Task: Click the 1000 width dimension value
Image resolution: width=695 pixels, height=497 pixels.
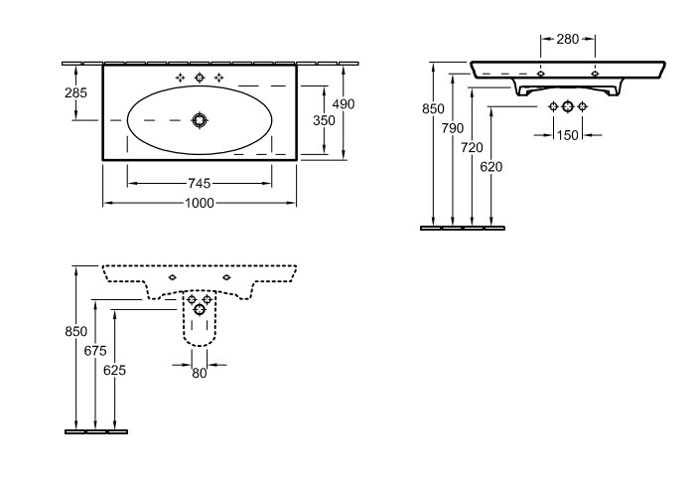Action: point(200,203)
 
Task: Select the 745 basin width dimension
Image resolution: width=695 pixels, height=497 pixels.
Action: point(200,183)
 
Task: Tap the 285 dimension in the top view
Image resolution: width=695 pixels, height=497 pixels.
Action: point(75,92)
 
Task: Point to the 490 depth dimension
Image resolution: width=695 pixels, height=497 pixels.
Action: point(344,103)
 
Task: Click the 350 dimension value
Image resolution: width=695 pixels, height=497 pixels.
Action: point(324,120)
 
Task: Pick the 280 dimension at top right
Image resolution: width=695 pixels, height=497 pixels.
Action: point(568,39)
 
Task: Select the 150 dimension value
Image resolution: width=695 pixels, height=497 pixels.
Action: point(568,135)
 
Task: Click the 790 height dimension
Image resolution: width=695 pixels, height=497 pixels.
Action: point(453,128)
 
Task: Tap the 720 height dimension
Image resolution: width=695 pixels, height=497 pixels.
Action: point(472,147)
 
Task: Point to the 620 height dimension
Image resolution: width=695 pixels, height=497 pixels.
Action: point(491,167)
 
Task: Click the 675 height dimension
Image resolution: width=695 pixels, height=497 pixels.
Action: point(95,351)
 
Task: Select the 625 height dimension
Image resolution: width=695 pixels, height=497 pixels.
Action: point(114,370)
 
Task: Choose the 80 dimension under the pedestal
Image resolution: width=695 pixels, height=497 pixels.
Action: point(200,374)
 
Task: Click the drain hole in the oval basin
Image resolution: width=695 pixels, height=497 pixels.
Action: point(200,120)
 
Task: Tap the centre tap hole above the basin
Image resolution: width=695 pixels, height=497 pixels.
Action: point(200,79)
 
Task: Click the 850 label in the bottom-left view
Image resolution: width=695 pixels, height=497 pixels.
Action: point(75,331)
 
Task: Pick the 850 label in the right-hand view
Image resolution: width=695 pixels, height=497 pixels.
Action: point(433,108)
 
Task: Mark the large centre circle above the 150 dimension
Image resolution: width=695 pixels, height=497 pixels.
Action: point(568,106)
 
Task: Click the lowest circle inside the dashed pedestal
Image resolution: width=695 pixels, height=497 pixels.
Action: point(200,310)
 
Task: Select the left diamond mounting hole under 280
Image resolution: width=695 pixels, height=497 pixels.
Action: point(541,74)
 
